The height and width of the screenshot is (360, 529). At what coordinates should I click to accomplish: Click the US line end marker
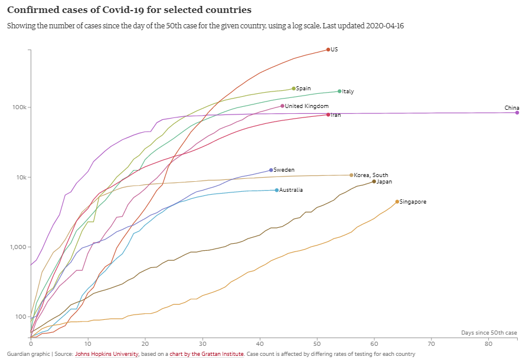pyautogui.click(x=328, y=50)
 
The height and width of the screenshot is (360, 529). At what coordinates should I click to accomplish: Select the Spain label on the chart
pyautogui.click(x=303, y=89)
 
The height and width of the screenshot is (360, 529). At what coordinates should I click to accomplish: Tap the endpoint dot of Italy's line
pyautogui.click(x=339, y=91)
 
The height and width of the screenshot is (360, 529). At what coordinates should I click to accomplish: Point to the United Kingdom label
pyautogui.click(x=306, y=106)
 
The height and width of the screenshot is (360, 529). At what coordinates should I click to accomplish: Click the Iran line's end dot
pyautogui.click(x=328, y=114)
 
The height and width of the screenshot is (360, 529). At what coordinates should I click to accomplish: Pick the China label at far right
pyautogui.click(x=511, y=108)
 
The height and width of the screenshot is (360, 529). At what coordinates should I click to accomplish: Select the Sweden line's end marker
pyautogui.click(x=271, y=170)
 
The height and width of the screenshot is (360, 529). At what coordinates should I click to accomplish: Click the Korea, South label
pyautogui.click(x=371, y=175)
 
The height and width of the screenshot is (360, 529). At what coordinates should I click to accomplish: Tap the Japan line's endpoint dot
pyautogui.click(x=374, y=182)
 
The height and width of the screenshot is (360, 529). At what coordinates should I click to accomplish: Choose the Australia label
pyautogui.click(x=291, y=190)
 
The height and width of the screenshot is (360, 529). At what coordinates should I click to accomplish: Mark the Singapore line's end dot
pyautogui.click(x=397, y=202)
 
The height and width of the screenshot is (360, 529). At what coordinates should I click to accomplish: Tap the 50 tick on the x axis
pyautogui.click(x=317, y=343)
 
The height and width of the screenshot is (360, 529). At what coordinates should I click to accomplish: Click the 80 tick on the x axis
pyautogui.click(x=489, y=343)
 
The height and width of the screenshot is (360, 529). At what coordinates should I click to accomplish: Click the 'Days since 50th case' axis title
pyautogui.click(x=489, y=333)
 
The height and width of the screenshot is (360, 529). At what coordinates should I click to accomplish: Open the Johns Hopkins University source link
pyautogui.click(x=106, y=354)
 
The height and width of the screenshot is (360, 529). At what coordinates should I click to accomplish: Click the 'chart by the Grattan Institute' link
pyautogui.click(x=207, y=354)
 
